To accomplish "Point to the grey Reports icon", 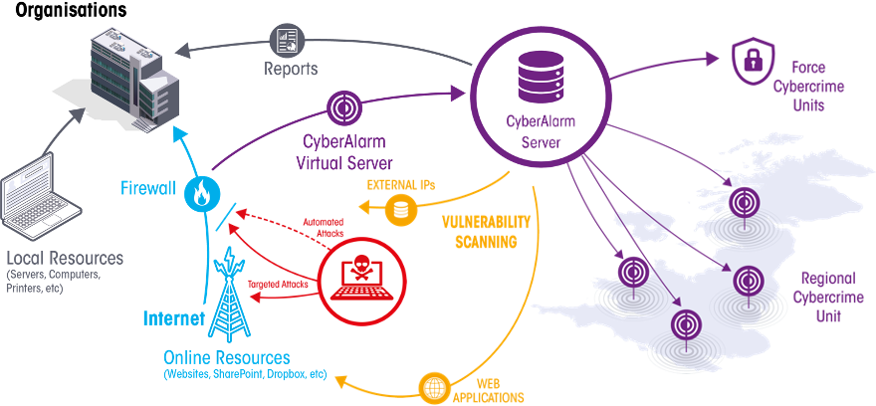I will coord(288,41).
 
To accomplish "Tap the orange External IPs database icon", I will coord(401,209).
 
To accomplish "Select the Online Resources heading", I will coord(227,357).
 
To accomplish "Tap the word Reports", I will coord(291,70).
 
